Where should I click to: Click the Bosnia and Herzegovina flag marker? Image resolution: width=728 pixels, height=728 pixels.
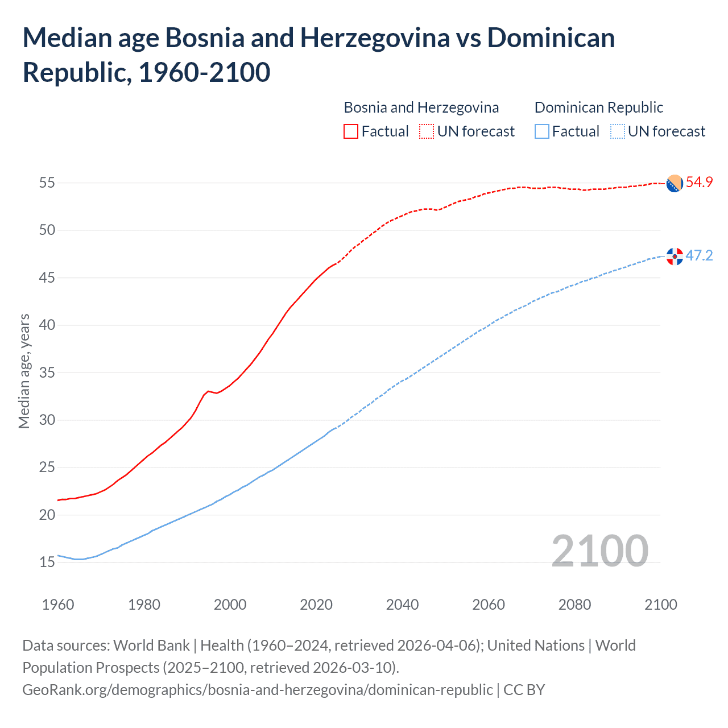675,183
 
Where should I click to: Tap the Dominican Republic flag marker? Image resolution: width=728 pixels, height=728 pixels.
675,257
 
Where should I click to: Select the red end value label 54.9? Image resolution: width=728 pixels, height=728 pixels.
699,182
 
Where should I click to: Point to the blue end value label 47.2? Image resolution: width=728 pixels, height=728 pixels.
699,255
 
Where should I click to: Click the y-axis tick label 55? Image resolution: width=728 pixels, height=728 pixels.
47,183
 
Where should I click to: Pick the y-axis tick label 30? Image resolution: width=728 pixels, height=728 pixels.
47,420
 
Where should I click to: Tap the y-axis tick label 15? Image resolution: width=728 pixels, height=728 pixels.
47,562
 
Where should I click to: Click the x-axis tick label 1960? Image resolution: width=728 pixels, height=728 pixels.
58,605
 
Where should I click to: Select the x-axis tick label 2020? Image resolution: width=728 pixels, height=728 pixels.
316,605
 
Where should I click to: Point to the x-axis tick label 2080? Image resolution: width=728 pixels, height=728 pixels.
574,605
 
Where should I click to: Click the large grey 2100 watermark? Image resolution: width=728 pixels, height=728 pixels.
599,551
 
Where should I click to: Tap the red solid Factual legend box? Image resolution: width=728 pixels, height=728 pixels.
351,131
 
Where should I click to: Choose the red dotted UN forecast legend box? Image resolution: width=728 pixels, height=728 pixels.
427,131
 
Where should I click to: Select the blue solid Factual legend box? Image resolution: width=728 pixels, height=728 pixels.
542,131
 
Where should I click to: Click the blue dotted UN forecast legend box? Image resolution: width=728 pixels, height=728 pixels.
618,131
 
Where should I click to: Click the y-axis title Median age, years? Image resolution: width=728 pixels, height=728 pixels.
24,371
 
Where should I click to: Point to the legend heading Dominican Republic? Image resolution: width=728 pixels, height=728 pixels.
599,107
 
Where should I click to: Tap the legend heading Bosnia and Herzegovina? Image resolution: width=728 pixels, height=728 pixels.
421,107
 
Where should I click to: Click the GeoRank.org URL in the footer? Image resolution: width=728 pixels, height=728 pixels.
257,690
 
